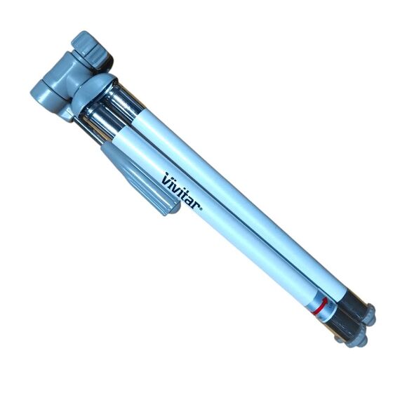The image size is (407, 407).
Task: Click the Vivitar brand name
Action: [x=181, y=191]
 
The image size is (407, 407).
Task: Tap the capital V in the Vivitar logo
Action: [x=166, y=178]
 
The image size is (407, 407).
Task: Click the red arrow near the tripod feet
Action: [x=321, y=307]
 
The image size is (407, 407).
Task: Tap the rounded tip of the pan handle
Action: [x=174, y=210]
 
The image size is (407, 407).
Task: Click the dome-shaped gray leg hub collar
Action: [x=91, y=91]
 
